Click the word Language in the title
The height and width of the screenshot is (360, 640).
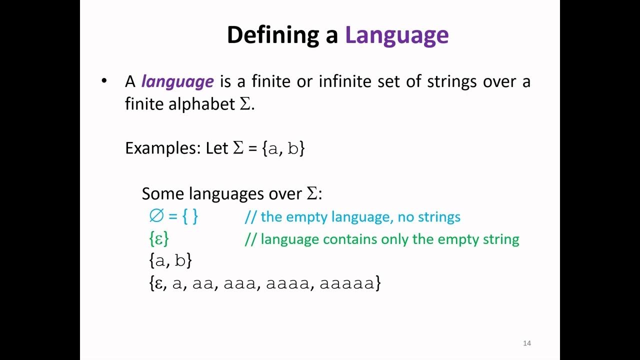(396, 35)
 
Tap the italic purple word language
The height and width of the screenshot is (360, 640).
(177, 81)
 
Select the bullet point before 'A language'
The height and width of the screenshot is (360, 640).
(104, 81)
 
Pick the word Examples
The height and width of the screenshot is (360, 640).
(161, 148)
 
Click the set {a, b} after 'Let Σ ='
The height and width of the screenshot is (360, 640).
(283, 148)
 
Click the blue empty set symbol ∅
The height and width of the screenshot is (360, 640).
(156, 216)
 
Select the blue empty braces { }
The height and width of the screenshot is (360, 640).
(189, 216)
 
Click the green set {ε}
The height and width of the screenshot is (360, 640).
(159, 238)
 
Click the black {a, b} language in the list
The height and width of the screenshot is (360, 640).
(170, 260)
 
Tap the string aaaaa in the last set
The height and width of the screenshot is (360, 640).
(346, 283)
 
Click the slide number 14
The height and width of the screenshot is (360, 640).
(526, 343)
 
